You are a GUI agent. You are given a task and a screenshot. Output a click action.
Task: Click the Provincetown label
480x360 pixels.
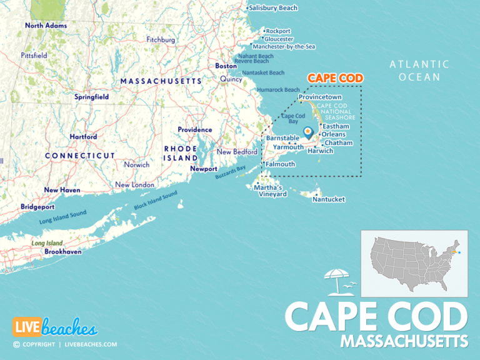click(x=320, y=97)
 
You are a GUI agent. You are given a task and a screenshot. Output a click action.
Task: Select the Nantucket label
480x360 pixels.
click(x=329, y=199)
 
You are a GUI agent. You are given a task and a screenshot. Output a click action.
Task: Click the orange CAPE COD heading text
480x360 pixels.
click(x=335, y=78)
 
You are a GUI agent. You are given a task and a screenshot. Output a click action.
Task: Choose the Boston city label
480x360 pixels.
click(x=226, y=66)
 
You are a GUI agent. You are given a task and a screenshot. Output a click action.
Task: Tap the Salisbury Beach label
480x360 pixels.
click(x=272, y=8)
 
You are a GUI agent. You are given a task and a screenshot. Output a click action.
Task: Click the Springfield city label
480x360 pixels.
click(x=91, y=97)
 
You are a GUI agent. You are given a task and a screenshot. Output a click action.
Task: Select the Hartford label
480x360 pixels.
click(x=83, y=136)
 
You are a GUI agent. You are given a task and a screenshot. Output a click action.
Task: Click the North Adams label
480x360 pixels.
click(x=46, y=26)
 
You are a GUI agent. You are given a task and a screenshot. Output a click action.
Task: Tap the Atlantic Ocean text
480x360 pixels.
click(x=419, y=71)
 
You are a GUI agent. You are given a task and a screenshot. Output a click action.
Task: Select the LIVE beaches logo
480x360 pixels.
click(x=55, y=327)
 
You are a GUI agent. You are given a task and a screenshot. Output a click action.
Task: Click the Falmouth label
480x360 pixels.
click(x=280, y=164)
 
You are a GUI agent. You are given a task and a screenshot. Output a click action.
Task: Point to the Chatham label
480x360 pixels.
click(x=338, y=143)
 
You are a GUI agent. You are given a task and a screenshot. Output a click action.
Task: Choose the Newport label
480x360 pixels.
click(x=204, y=169)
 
